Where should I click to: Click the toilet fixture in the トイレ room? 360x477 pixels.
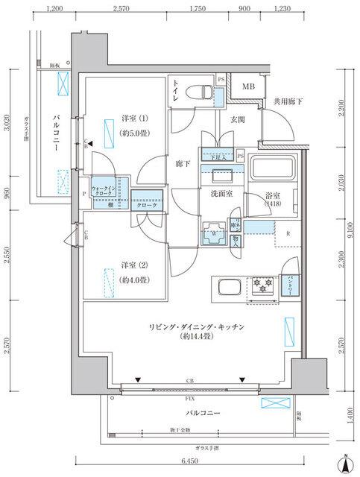pyautogui.click(x=198, y=92)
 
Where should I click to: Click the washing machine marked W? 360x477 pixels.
pyautogui.click(x=213, y=232)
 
